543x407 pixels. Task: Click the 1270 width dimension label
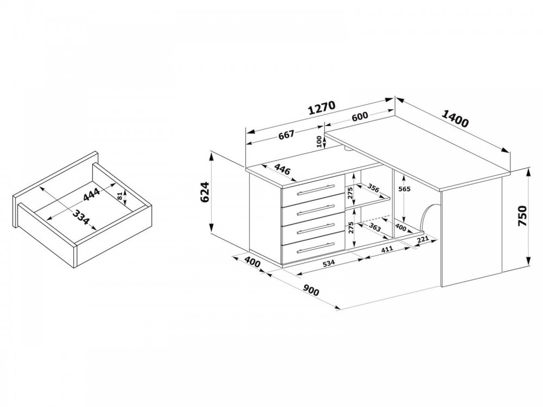coord(321,107)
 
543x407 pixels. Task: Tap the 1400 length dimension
coord(455,118)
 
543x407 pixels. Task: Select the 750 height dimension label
coord(522,216)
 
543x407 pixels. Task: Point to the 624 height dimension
coord(205,192)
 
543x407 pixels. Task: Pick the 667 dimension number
coord(286,135)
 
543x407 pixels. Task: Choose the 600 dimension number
coord(360,116)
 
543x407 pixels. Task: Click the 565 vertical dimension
coord(405,189)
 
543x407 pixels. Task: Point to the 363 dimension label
coord(375,228)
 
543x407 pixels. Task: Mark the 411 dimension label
coord(387,249)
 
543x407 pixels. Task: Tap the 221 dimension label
coord(423,239)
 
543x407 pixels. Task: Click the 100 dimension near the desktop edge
coord(319,142)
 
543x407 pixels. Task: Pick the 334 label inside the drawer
coord(81,217)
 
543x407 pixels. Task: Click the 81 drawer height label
coord(120,196)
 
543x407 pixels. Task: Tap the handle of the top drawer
coord(313,190)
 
